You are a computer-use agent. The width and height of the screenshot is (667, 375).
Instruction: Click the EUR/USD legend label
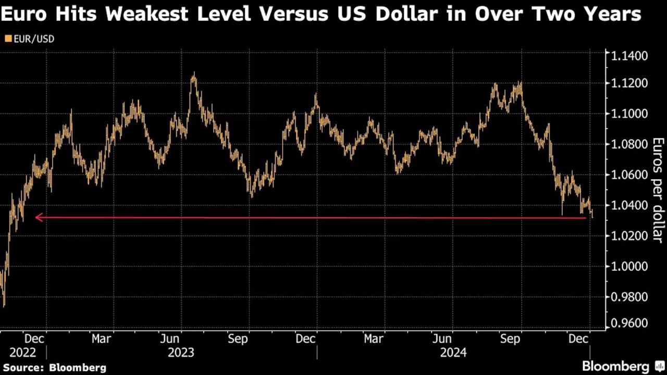(x=34, y=39)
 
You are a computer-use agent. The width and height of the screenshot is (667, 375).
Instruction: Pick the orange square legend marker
(x=8, y=39)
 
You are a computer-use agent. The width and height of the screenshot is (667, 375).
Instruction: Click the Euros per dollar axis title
(x=658, y=190)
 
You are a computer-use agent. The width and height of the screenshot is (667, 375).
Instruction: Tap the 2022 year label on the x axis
(x=23, y=353)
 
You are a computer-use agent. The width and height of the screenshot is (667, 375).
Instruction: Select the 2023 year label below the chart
(x=181, y=353)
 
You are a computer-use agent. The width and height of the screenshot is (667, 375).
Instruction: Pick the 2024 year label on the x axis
(x=453, y=353)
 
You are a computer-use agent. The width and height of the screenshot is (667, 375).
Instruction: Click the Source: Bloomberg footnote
(x=54, y=368)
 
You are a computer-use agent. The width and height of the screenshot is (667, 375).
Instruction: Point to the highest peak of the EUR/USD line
(x=194, y=75)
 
